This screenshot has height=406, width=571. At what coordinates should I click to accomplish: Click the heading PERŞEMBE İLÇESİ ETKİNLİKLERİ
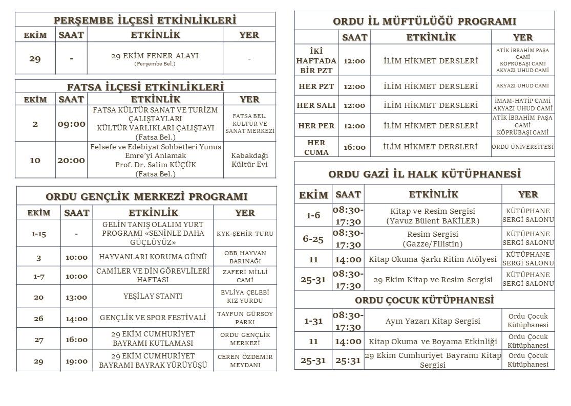(x=145, y=20)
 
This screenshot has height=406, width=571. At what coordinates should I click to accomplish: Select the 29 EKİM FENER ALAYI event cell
(x=155, y=58)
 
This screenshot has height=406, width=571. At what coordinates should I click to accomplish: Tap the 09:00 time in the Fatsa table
(x=71, y=124)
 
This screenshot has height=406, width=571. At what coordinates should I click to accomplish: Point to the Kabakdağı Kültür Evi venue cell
(x=250, y=160)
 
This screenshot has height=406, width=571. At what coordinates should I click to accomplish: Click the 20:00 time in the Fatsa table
(x=71, y=160)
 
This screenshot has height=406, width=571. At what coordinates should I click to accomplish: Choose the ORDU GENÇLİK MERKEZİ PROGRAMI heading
(x=146, y=196)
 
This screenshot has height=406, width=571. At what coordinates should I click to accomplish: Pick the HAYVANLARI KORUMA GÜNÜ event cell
(x=153, y=257)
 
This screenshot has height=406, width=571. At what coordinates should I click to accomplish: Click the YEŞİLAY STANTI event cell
(x=153, y=296)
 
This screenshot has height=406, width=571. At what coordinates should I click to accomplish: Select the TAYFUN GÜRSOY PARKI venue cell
(x=245, y=318)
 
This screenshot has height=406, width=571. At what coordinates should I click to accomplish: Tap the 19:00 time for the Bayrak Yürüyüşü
(x=76, y=361)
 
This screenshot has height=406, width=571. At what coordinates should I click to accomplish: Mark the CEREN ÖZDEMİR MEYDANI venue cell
(x=245, y=361)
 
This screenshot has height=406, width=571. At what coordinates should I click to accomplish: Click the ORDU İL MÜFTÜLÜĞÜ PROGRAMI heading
(x=425, y=21)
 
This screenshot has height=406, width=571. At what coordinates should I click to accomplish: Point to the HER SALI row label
(x=316, y=105)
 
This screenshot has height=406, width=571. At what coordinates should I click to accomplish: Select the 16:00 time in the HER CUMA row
(x=354, y=147)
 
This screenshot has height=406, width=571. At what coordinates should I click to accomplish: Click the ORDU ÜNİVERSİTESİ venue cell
(x=522, y=147)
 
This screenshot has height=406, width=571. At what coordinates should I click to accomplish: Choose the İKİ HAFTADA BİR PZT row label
(x=316, y=61)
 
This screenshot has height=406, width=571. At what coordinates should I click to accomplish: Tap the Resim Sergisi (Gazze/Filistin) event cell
(x=433, y=238)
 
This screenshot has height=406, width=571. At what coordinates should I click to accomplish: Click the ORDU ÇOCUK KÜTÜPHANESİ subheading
(x=424, y=300)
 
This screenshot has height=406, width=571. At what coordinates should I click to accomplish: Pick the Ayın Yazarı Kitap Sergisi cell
(x=433, y=321)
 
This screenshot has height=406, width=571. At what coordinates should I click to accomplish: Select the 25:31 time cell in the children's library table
(x=348, y=360)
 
